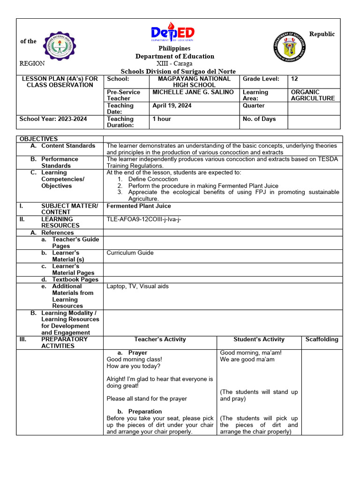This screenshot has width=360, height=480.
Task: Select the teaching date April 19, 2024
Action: (x=172, y=105)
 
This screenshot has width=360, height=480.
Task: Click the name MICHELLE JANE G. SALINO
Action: (x=193, y=92)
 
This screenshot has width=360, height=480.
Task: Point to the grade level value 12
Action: (x=294, y=79)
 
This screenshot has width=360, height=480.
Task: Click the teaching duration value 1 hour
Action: (x=162, y=119)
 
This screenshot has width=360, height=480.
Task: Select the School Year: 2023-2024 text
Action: (x=53, y=119)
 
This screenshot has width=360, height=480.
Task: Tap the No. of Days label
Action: (x=259, y=119)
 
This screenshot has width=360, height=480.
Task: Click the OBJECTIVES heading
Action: (x=38, y=139)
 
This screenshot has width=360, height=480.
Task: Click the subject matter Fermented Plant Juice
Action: (x=139, y=206)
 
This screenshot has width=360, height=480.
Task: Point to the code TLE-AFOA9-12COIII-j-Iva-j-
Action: (x=143, y=219)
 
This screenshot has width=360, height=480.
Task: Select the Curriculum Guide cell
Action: (x=130, y=253)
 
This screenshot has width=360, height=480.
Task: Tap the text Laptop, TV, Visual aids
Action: (x=137, y=286)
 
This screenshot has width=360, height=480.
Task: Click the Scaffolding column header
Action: (x=322, y=339)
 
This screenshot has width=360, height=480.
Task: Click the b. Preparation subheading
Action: (x=139, y=412)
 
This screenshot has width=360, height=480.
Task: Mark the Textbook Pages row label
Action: (x=75, y=279)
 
